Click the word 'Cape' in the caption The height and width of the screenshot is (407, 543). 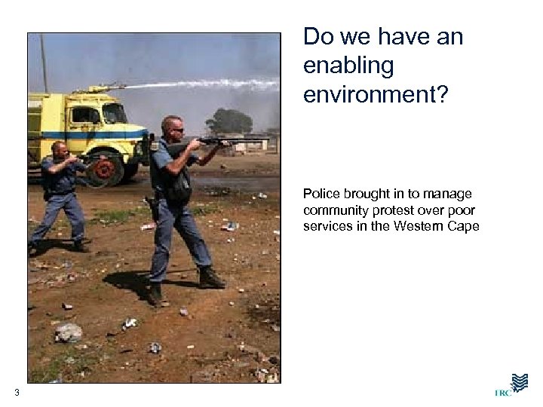(x=463, y=226)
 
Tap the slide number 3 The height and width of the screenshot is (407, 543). (x=17, y=392)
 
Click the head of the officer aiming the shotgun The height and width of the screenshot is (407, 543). (x=173, y=127)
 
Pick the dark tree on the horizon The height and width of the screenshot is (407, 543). (x=227, y=121)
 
